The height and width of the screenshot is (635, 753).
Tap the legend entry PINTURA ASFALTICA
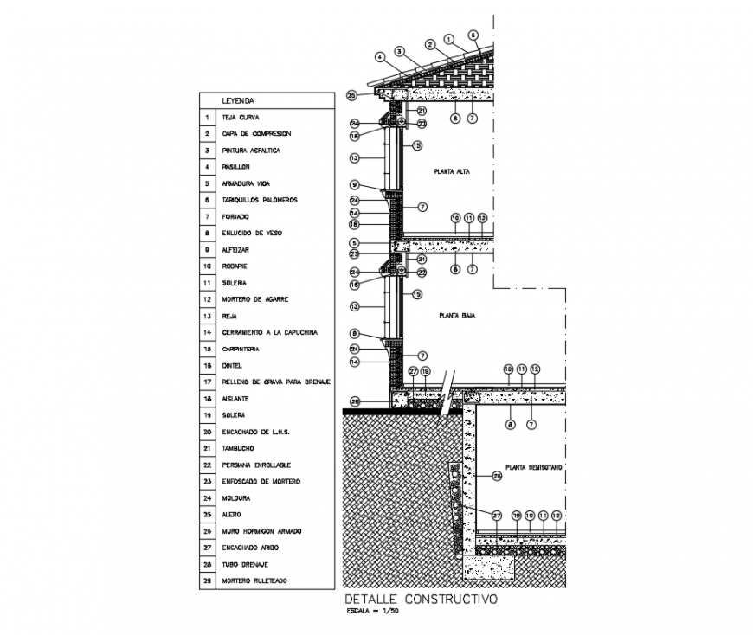[250, 151]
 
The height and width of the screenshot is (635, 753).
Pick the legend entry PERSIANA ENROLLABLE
[256, 465]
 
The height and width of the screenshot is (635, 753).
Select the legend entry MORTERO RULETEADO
[254, 581]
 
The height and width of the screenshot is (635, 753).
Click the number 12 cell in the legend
[207, 299]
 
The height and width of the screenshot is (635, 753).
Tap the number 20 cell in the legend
[207, 433]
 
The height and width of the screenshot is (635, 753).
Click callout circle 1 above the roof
[448, 39]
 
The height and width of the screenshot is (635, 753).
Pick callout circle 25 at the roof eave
[351, 95]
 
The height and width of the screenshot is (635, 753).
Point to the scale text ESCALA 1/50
[370, 613]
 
